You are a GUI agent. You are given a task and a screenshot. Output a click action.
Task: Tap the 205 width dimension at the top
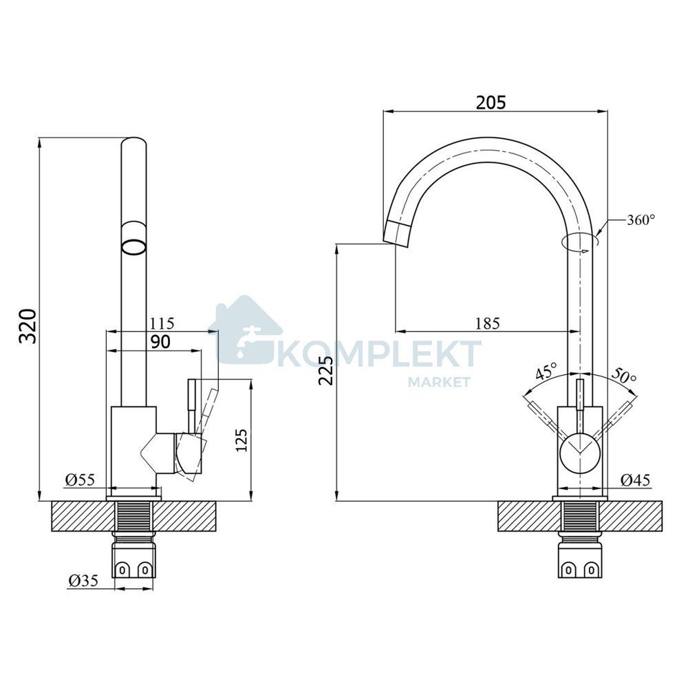coord(491,102)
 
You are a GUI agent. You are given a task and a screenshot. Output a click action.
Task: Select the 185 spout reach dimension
coord(488,323)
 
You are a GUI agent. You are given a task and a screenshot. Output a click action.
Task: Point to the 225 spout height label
coord(326,371)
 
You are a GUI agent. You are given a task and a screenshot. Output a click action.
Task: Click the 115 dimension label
coord(162,323)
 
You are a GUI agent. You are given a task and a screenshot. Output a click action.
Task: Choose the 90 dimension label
coord(160,342)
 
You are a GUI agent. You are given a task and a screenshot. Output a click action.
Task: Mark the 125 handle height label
coord(241,440)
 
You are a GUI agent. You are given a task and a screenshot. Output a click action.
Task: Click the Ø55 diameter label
coord(80,480)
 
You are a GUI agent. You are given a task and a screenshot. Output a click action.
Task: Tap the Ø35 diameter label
coord(83,581)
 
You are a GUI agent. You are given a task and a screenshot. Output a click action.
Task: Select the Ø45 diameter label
coord(635,480)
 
